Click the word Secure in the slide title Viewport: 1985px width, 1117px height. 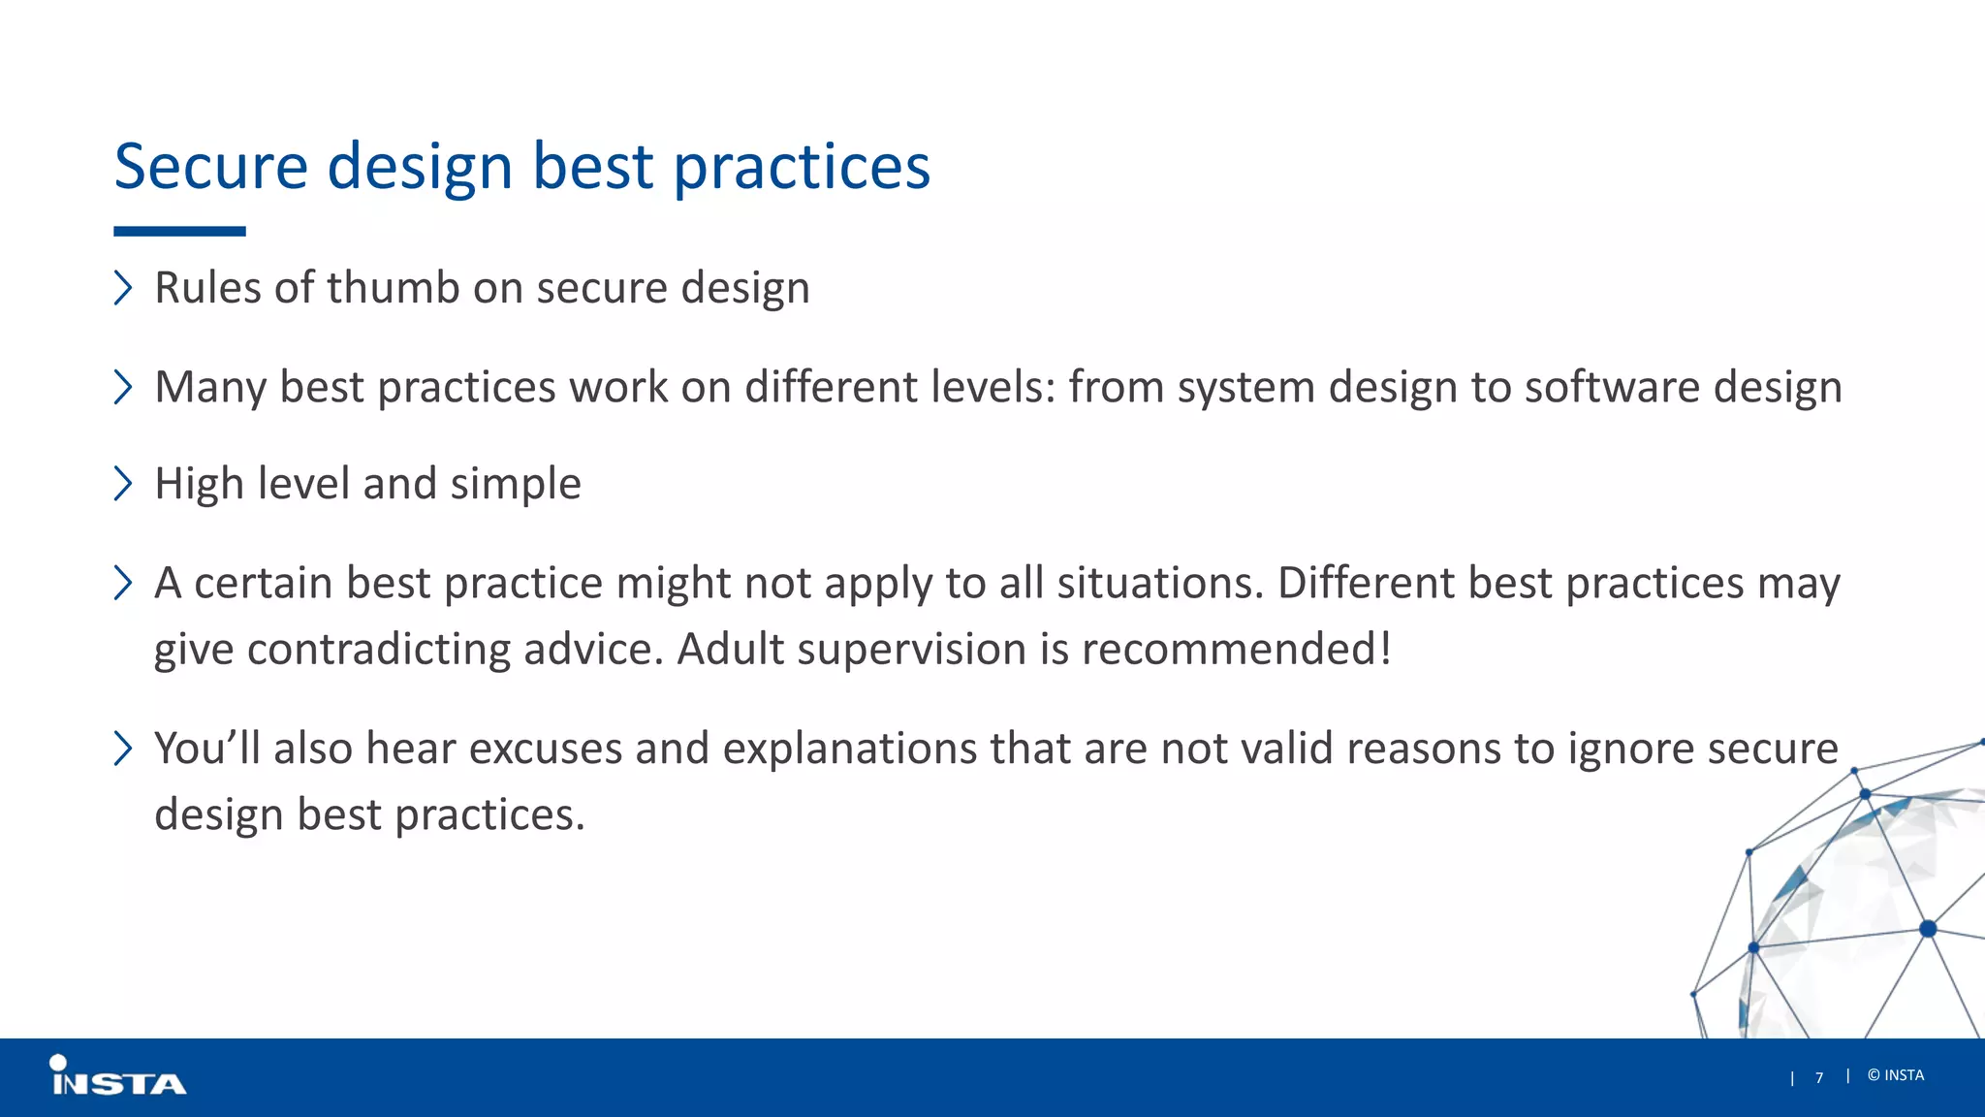(210, 166)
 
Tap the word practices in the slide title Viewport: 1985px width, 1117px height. (802, 168)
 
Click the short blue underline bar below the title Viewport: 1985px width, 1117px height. (179, 232)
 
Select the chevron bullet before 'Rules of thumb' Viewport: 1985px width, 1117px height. (123, 288)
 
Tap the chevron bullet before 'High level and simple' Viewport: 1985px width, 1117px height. (123, 483)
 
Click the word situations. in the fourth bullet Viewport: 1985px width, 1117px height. (1160, 584)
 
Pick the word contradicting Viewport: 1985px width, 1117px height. (379, 650)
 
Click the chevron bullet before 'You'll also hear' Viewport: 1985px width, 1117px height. (123, 749)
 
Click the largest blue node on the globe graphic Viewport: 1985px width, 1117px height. (1928, 929)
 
